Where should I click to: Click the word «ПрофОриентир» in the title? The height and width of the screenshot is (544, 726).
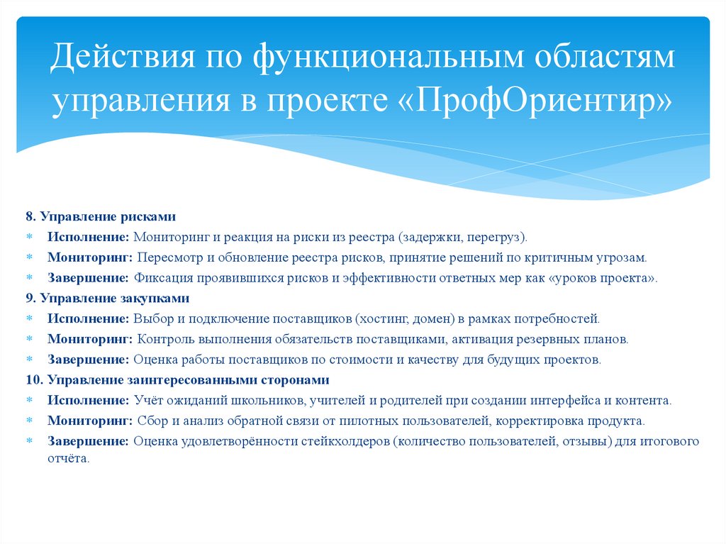coord(544,100)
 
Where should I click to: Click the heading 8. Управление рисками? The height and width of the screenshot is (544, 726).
coord(101,216)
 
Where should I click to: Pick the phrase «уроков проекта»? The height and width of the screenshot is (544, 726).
coord(603,277)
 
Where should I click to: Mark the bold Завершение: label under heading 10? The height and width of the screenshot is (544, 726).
coord(89,441)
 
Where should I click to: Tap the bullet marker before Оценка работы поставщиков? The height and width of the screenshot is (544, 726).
coord(30,360)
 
